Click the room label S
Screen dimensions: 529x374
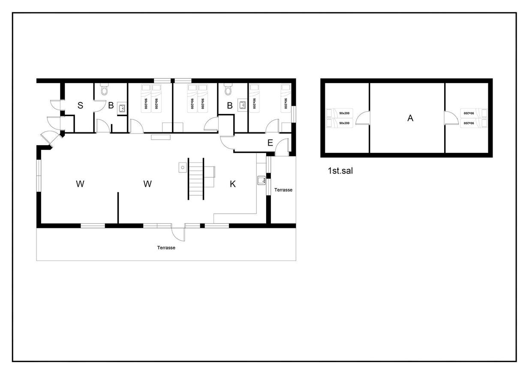(80, 105)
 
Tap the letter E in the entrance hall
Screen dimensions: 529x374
(270, 143)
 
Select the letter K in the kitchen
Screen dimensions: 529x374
(233, 184)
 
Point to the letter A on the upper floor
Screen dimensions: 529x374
(410, 118)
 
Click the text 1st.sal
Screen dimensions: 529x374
(340, 171)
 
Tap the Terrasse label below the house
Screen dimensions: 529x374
(166, 248)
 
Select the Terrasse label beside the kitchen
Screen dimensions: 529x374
(283, 190)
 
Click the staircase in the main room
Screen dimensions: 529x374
(196, 179)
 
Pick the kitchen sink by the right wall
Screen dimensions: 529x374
(261, 180)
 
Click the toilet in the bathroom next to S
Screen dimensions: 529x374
(104, 89)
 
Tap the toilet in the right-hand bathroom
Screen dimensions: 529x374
(228, 89)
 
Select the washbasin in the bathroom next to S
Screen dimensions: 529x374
(122, 108)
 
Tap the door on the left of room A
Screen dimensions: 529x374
(363, 118)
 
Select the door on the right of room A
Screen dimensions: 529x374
(451, 118)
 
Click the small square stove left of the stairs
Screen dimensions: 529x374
(183, 168)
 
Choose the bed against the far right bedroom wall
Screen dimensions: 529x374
(286, 98)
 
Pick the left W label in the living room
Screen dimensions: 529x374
(80, 184)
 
